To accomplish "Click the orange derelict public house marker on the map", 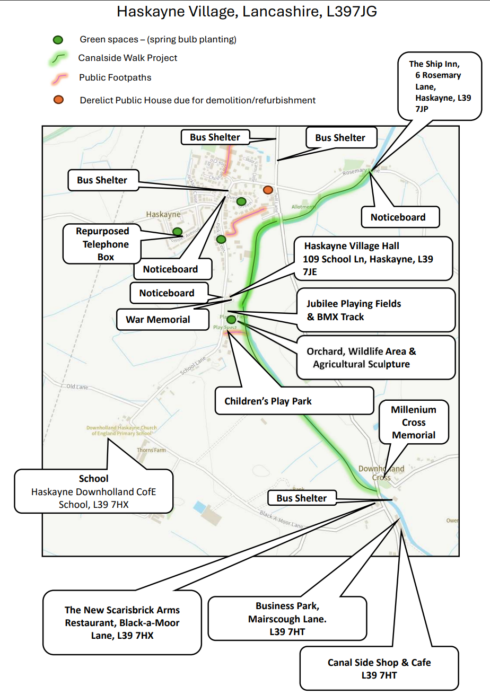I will (x=268, y=190).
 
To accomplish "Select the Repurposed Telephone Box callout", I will (x=102, y=244).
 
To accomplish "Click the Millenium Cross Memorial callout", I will (x=414, y=423).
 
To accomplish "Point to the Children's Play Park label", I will (x=294, y=401).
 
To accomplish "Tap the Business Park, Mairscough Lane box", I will (x=287, y=618).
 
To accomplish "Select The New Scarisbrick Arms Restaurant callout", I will (x=122, y=622).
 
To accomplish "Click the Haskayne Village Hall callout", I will (x=373, y=259).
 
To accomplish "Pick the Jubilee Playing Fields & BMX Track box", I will (x=375, y=310).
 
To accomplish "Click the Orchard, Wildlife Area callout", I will (x=375, y=358).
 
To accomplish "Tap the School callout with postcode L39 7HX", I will (x=94, y=491).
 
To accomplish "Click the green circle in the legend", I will (x=58, y=40).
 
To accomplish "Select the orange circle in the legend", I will (x=58, y=100).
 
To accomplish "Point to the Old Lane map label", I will (x=77, y=386).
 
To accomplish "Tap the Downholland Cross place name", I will (x=381, y=473).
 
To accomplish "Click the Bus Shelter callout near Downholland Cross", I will (x=302, y=498).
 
